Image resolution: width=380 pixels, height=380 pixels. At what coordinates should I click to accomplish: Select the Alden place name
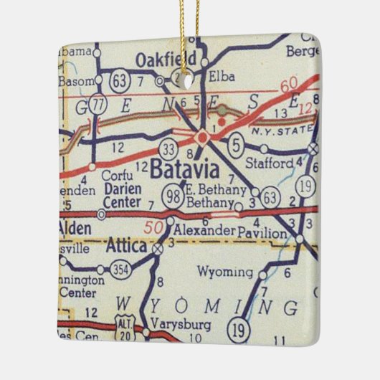click(74, 228)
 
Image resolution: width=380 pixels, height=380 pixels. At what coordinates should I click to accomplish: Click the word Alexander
click(204, 231)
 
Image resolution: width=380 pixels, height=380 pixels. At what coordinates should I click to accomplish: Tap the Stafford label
click(270, 163)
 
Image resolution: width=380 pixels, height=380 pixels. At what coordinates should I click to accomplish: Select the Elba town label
click(218, 73)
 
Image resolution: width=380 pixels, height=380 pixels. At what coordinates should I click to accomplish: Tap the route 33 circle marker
click(169, 149)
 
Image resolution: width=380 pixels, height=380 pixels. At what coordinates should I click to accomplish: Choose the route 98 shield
click(172, 195)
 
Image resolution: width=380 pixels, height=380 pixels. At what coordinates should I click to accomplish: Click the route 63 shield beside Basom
click(121, 77)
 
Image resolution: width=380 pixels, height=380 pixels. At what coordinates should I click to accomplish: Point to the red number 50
click(153, 228)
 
